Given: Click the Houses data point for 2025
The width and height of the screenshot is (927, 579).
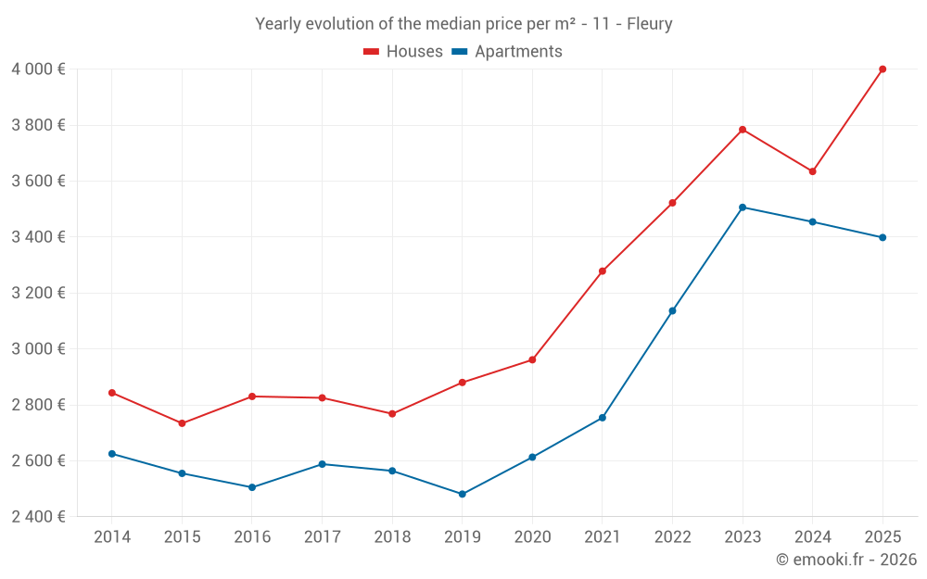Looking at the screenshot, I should tap(883, 69).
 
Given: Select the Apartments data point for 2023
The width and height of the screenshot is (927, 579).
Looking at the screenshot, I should tap(743, 208).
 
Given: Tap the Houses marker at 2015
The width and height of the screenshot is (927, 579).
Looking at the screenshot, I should tap(182, 423).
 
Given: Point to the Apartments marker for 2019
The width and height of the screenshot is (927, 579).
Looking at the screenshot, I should tap(463, 494).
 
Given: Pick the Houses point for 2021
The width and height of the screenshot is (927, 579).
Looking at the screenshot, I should tap(603, 271).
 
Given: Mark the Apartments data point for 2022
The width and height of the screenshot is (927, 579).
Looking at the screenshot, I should tap(672, 310).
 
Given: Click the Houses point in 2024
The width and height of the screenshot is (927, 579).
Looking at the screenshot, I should tap(812, 171).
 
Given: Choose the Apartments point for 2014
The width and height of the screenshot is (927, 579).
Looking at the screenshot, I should tap(112, 454).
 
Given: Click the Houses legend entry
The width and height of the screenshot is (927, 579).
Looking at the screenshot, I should tap(403, 52).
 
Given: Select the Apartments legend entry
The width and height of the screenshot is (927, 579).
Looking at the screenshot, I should tap(507, 52).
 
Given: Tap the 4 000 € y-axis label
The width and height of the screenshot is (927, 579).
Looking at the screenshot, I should tap(38, 69).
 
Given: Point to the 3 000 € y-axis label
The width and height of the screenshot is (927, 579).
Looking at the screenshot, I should tap(38, 349).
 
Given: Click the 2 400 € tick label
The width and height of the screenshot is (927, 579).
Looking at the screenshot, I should tap(38, 517).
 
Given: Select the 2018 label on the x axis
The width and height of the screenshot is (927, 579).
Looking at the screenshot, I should tap(392, 537).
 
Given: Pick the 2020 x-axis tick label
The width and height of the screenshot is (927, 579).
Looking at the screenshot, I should tap(532, 537).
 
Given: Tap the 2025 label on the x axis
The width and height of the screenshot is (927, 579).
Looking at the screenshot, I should tap(883, 537).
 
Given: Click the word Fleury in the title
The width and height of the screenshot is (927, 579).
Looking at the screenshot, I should tap(649, 24).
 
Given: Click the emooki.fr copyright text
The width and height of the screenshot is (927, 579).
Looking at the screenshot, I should tap(846, 560).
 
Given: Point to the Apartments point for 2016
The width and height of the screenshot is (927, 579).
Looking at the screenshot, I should tap(252, 487).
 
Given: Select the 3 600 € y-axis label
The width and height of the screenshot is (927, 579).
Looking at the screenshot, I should tap(38, 182).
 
